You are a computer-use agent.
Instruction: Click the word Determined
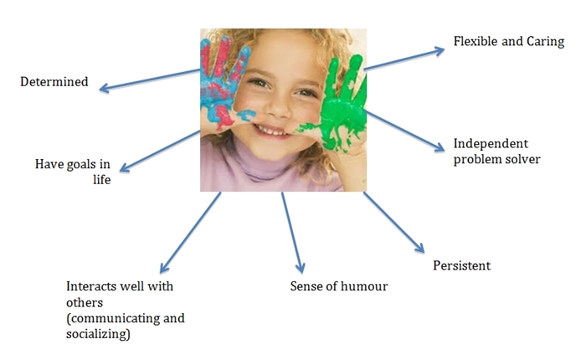tap(54, 82)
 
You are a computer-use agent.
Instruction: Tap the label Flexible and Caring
tap(508, 41)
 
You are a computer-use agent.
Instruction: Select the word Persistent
tap(461, 266)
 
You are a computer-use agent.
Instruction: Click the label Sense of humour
tap(339, 286)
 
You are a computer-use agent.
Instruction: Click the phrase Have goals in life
tap(73, 172)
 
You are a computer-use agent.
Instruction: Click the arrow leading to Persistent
tap(393, 222)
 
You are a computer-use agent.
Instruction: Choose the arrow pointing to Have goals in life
tap(162, 152)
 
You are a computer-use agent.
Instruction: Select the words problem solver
tap(496, 159)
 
